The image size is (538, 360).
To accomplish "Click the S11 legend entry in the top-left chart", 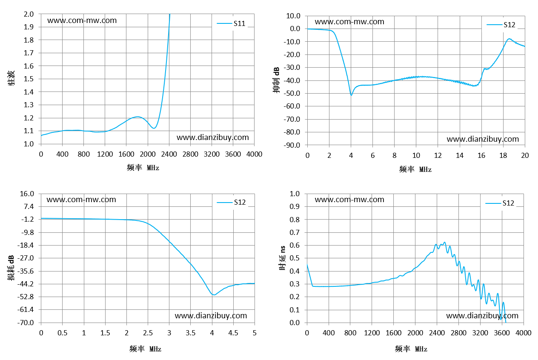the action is click(231, 23).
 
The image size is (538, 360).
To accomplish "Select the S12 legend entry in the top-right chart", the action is click(501, 25).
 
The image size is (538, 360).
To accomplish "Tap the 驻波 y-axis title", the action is click(11, 78).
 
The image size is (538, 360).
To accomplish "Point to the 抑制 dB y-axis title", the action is click(276, 80).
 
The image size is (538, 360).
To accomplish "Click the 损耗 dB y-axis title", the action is click(11, 268).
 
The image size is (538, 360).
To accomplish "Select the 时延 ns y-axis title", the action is click(282, 258).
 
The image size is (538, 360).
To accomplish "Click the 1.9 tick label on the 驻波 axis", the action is click(29, 27).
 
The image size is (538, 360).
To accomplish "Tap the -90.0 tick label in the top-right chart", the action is click(292, 145).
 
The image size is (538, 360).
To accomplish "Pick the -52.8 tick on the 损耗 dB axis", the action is click(26, 297).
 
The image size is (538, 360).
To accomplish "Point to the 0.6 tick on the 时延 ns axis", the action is click(295, 245).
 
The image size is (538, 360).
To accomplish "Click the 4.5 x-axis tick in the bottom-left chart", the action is click(233, 333).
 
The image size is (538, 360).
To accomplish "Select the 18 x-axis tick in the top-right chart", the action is click(503, 155).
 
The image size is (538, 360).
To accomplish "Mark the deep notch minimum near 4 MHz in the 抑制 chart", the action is click(351, 95).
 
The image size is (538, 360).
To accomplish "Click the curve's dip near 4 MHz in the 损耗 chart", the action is click(213, 294).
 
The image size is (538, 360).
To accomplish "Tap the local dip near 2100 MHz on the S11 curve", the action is click(154, 128).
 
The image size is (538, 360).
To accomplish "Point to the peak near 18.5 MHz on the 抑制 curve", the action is click(509, 39).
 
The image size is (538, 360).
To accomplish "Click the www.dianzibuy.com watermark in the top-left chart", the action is click(212, 137).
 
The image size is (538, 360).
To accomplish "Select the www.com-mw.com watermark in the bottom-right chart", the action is click(349, 200).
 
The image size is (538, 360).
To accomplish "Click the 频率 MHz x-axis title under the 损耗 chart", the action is click(145, 349).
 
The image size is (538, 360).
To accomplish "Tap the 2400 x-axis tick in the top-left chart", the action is click(169, 154).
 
